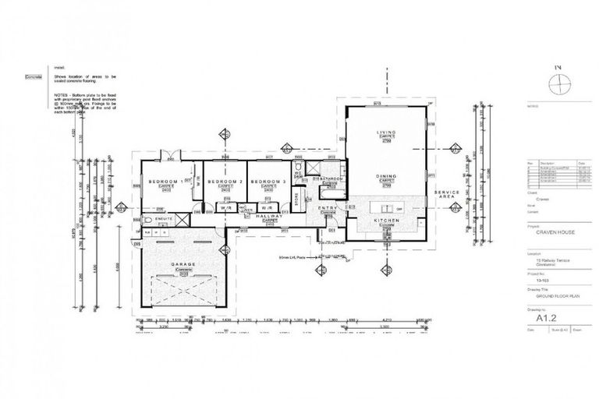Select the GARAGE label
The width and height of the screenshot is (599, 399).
pos(183,264)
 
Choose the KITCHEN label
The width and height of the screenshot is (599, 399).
pos(388,222)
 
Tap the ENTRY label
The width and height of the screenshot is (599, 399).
pos(328,208)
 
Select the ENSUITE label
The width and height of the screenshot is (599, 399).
pos(163,221)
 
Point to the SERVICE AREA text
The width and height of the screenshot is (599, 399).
pos(447,193)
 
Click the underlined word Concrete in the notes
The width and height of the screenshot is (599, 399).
pos(32,77)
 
